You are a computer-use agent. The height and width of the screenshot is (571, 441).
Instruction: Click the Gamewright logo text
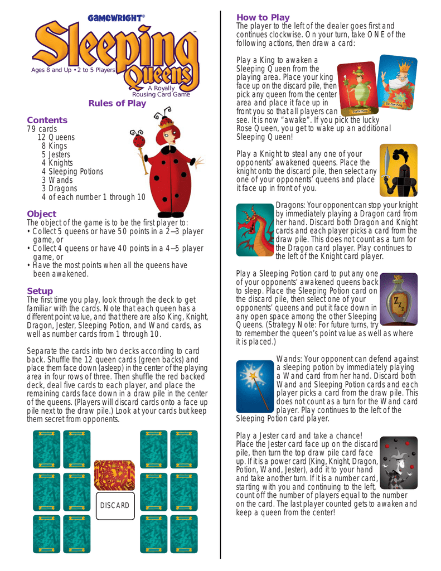tap(116, 18)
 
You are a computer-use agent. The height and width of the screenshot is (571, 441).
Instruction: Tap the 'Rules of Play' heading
tap(117, 103)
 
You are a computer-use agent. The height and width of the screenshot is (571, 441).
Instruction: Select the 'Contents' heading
tap(47, 120)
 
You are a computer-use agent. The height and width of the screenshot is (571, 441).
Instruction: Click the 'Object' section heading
tap(42, 214)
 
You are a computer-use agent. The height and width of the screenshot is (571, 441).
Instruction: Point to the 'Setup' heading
tap(40, 291)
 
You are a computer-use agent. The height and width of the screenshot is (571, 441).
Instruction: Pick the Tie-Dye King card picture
tap(397, 82)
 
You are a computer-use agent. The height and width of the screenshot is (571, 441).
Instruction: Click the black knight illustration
tap(397, 171)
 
